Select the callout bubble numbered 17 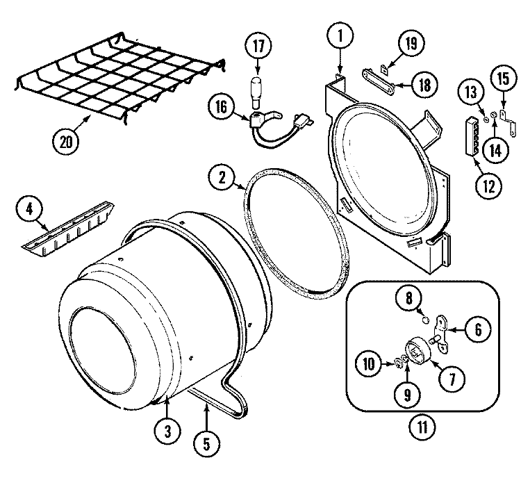point(258,49)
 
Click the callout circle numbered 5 point(206,443)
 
